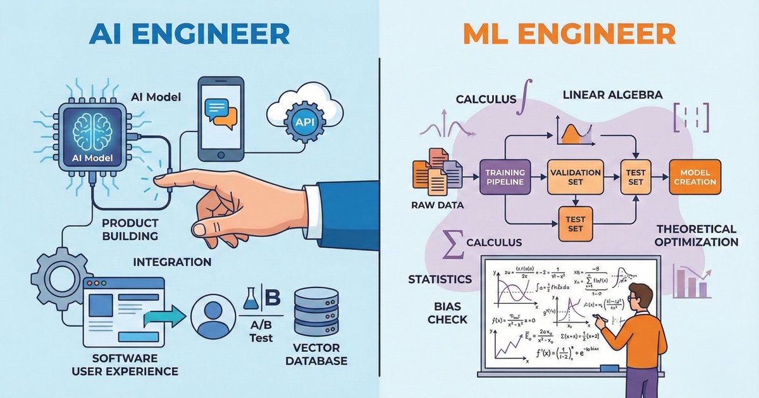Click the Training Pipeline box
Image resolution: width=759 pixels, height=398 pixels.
(x=505, y=178)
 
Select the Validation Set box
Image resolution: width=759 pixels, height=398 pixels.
(x=575, y=178)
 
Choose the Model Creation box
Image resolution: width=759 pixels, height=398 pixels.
(x=694, y=177)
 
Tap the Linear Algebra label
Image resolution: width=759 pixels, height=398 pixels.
(x=612, y=95)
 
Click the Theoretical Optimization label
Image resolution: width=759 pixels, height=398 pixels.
(x=696, y=236)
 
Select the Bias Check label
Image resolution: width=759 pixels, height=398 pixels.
(x=447, y=313)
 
